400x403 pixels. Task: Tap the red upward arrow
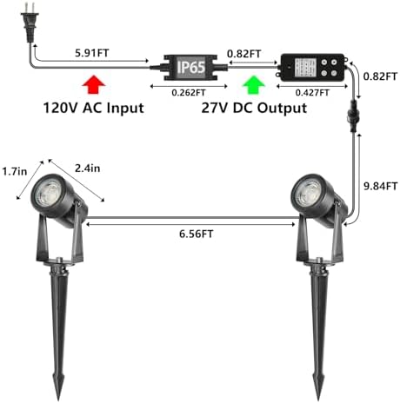pos(94,84)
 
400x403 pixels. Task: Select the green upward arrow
pos(254,85)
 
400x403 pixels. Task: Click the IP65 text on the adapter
pos(191,67)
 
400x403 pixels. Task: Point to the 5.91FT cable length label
pos(92,53)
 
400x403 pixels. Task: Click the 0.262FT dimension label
pos(189,93)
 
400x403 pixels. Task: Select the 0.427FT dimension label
pos(312,93)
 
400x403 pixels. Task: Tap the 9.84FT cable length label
pos(380,186)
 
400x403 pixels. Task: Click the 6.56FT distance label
pos(196,234)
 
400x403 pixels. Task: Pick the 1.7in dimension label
pos(15,171)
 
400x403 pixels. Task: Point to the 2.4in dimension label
pos(88,168)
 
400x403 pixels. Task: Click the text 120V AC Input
pos(93,108)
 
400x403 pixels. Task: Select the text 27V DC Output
pos(254,108)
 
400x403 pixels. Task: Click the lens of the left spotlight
pos(47,193)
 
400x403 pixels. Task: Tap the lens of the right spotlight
pos(306,193)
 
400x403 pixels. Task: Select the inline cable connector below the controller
pos(353,116)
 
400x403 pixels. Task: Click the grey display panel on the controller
pos(306,68)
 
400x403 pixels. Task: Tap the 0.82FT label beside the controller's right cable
pos(380,76)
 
